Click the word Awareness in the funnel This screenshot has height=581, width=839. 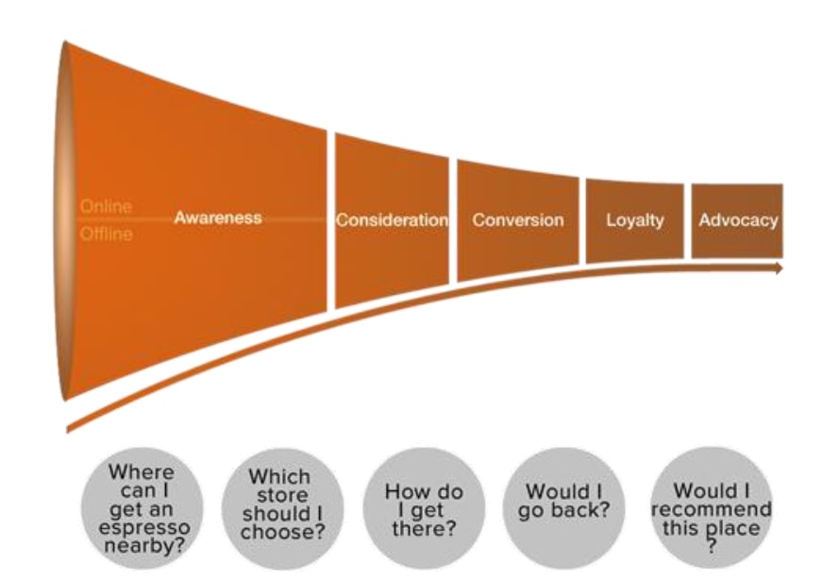[218, 218]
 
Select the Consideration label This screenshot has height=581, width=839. [392, 220]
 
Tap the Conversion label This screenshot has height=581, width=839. [518, 220]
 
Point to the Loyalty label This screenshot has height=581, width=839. [635, 220]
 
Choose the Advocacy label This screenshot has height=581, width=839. [738, 220]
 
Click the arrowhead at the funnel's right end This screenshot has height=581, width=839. [778, 268]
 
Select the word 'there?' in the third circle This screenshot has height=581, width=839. [421, 527]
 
